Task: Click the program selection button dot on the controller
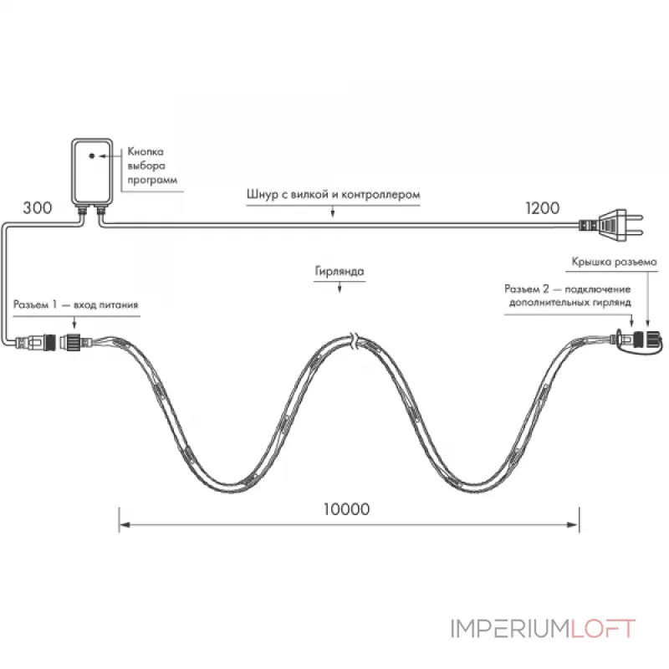pyautogui.click(x=92, y=156)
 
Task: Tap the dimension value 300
pyautogui.click(x=38, y=208)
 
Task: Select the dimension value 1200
pyautogui.click(x=542, y=208)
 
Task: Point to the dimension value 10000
pyautogui.click(x=346, y=509)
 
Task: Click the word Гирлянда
pyautogui.click(x=340, y=271)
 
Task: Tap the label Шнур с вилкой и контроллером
pyautogui.click(x=333, y=195)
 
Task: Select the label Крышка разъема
pyautogui.click(x=614, y=262)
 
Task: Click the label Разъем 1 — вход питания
pyautogui.click(x=76, y=304)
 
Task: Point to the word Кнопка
pyautogui.click(x=146, y=151)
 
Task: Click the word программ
pyautogui.click(x=152, y=180)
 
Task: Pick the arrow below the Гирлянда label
pyautogui.click(x=340, y=287)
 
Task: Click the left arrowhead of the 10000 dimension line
pyautogui.click(x=124, y=525)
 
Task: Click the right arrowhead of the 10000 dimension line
pyautogui.click(x=574, y=525)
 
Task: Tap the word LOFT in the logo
pyautogui.click(x=602, y=629)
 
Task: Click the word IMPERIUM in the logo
pyautogui.click(x=510, y=629)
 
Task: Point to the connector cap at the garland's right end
pyautogui.click(x=651, y=340)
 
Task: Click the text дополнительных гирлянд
pyautogui.click(x=570, y=303)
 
